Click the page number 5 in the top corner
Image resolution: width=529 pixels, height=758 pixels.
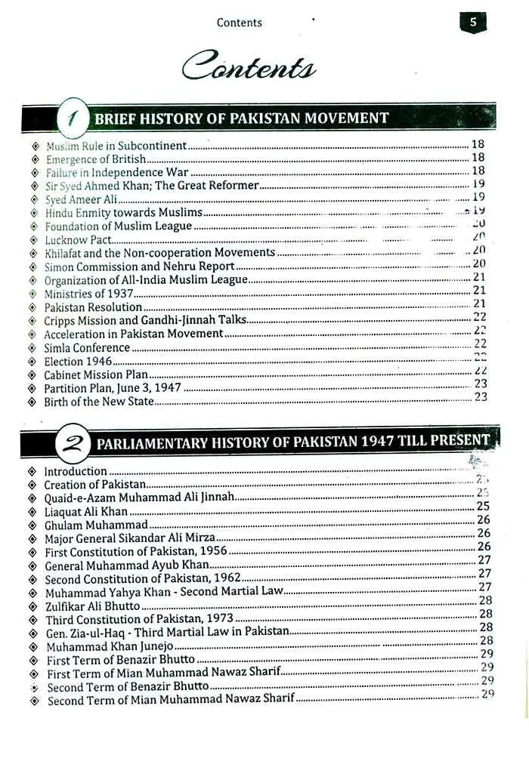(473, 23)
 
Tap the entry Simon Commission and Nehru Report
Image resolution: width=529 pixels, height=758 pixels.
(139, 267)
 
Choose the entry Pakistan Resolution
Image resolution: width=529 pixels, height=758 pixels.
(93, 307)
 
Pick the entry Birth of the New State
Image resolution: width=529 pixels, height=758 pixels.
(99, 402)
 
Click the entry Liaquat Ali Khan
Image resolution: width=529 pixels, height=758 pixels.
(86, 511)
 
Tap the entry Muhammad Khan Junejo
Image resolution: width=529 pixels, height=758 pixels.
(110, 647)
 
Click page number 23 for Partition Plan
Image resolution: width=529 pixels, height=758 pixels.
(480, 384)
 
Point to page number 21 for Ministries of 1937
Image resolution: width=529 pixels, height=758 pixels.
(479, 290)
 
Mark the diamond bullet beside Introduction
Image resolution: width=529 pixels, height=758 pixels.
(32, 471)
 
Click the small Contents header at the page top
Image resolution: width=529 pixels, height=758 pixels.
(239, 23)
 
